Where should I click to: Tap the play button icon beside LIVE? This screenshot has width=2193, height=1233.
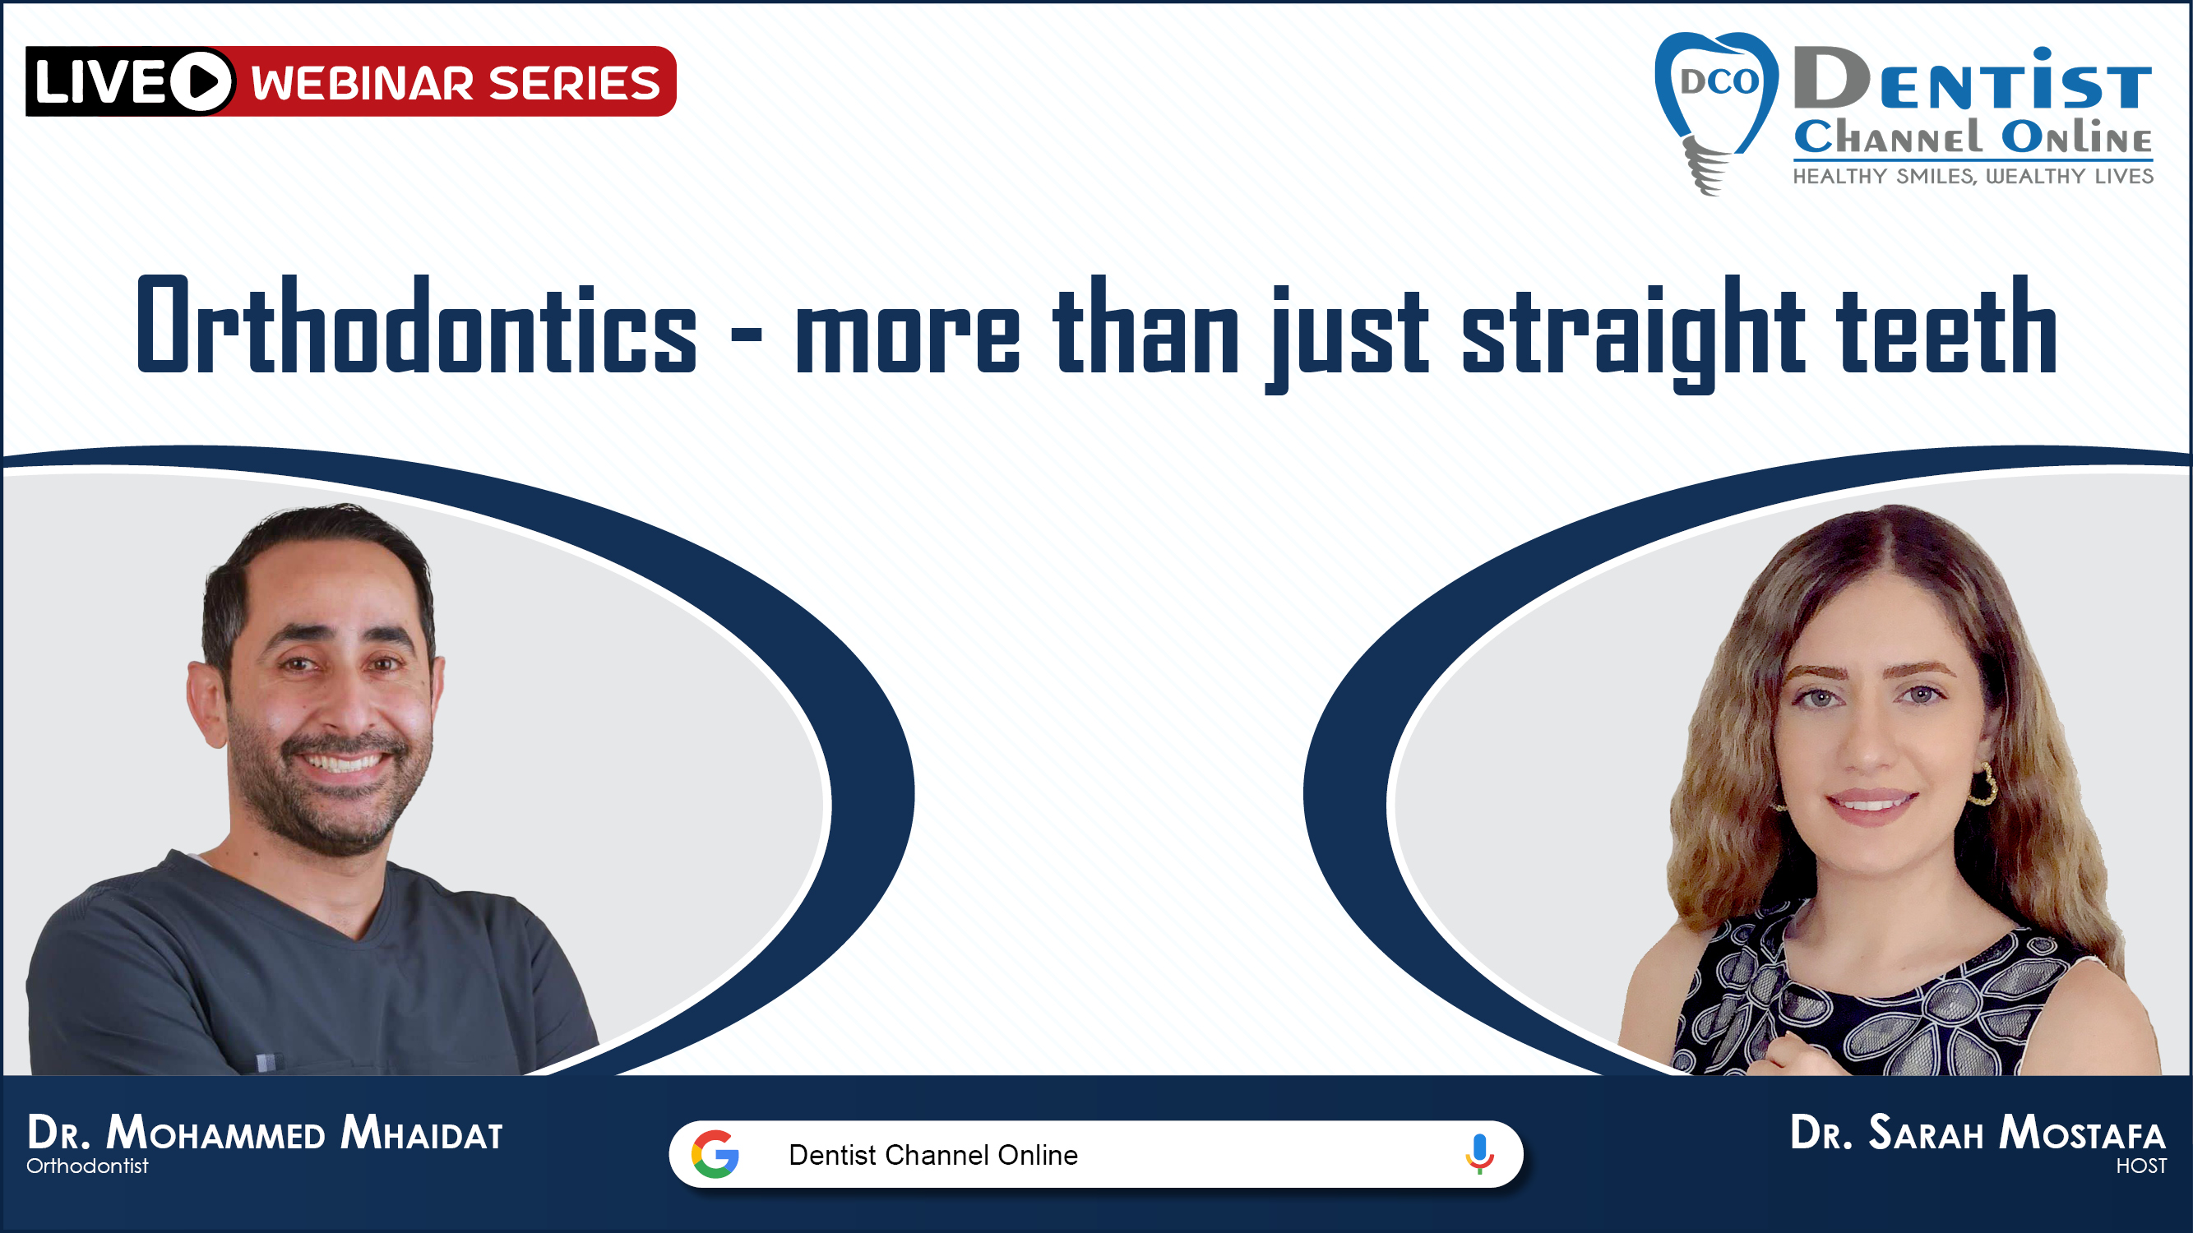(x=201, y=81)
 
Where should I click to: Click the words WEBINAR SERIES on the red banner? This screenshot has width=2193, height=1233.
(x=456, y=82)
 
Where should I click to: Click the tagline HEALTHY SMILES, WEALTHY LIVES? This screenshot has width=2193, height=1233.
(x=1973, y=176)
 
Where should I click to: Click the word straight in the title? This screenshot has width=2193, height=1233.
(x=1632, y=334)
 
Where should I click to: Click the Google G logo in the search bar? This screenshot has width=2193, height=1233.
(x=715, y=1154)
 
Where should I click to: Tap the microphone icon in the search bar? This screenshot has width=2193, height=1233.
(x=1479, y=1154)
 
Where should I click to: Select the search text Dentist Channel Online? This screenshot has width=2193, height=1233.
(x=933, y=1155)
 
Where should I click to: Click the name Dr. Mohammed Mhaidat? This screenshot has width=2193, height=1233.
(x=265, y=1133)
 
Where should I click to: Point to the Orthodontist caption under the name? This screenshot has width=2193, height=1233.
(x=87, y=1166)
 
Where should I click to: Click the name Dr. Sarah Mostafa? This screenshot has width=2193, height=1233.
(x=1978, y=1133)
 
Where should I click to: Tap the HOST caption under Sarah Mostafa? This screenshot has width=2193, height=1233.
(x=2142, y=1166)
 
